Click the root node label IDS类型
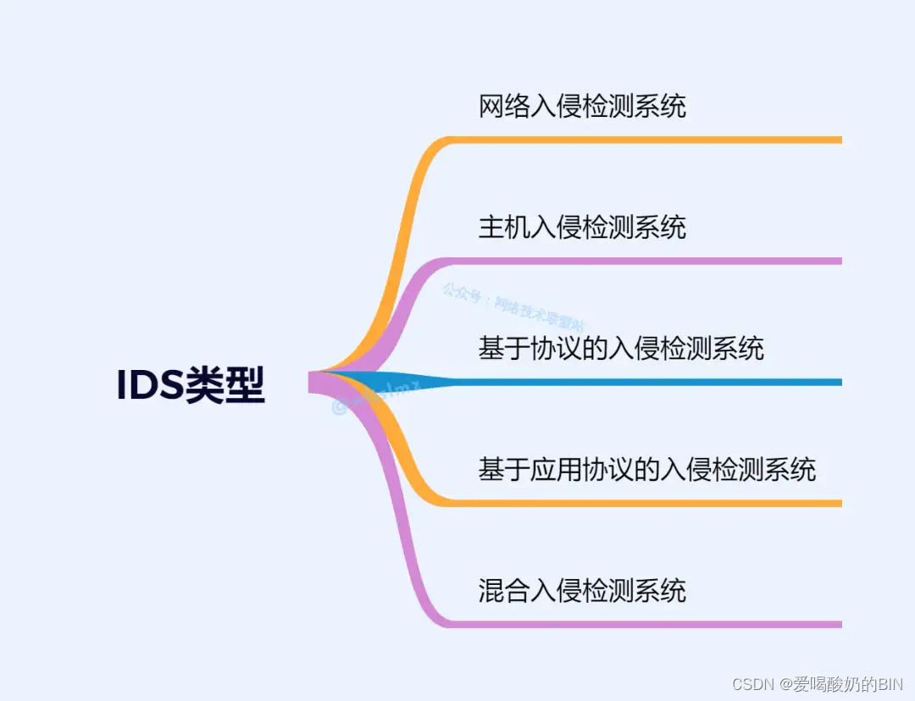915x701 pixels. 191,386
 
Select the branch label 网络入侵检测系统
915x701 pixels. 582,107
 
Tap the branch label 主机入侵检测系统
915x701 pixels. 582,228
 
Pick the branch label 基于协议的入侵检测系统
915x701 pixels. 621,348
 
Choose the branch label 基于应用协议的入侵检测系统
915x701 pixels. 647,469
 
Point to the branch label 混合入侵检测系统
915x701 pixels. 582,590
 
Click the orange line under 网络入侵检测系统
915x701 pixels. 644,140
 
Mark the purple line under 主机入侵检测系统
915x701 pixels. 644,261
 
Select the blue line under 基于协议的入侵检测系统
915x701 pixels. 644,382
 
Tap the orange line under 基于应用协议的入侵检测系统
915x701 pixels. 644,503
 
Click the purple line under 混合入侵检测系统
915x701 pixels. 644,624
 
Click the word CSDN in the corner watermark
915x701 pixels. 749,682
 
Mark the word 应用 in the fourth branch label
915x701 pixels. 556,469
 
